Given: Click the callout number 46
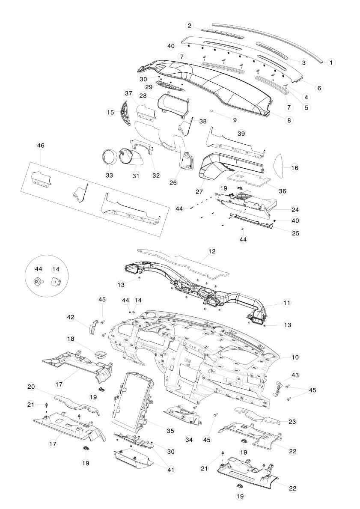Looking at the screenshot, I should [x=41, y=146].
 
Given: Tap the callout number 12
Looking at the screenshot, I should [x=211, y=252].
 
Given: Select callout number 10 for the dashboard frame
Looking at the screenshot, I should [x=295, y=357].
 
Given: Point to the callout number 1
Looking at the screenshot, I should [x=331, y=62].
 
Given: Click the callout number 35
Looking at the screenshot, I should [x=170, y=431].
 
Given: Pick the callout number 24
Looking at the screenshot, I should [x=295, y=210].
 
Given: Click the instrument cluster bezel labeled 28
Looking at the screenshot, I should [x=175, y=106].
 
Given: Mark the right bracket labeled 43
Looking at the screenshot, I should [x=278, y=388].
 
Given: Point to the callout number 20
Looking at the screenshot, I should [x=31, y=387].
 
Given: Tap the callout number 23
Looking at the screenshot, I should [x=292, y=422].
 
